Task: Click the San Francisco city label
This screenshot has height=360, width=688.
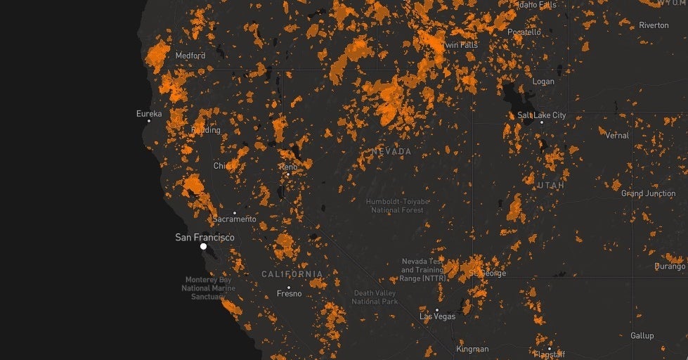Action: pyautogui.click(x=205, y=238)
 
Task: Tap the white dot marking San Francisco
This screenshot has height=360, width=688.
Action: pyautogui.click(x=203, y=247)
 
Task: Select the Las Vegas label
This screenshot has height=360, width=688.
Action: pyautogui.click(x=437, y=316)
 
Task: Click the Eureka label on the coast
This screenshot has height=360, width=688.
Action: pyautogui.click(x=149, y=113)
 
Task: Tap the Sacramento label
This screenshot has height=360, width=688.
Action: pyautogui.click(x=235, y=219)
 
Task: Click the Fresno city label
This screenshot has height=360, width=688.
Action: pyautogui.click(x=289, y=294)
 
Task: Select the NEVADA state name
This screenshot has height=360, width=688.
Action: pyautogui.click(x=392, y=152)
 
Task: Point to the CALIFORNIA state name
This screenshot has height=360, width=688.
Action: pyautogui.click(x=292, y=274)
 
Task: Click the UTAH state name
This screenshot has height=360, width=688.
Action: pyautogui.click(x=550, y=185)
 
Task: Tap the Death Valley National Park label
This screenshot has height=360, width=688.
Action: pyautogui.click(x=375, y=297)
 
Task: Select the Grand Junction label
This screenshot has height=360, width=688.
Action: pyautogui.click(x=647, y=193)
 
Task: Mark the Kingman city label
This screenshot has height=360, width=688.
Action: pyautogui.click(x=472, y=349)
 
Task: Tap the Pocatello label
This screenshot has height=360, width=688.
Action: pyautogui.click(x=524, y=32)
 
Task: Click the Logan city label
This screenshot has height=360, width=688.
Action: pyautogui.click(x=543, y=82)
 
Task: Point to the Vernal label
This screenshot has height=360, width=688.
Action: pyautogui.click(x=617, y=135)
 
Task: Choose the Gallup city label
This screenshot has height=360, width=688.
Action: pyautogui.click(x=642, y=336)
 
